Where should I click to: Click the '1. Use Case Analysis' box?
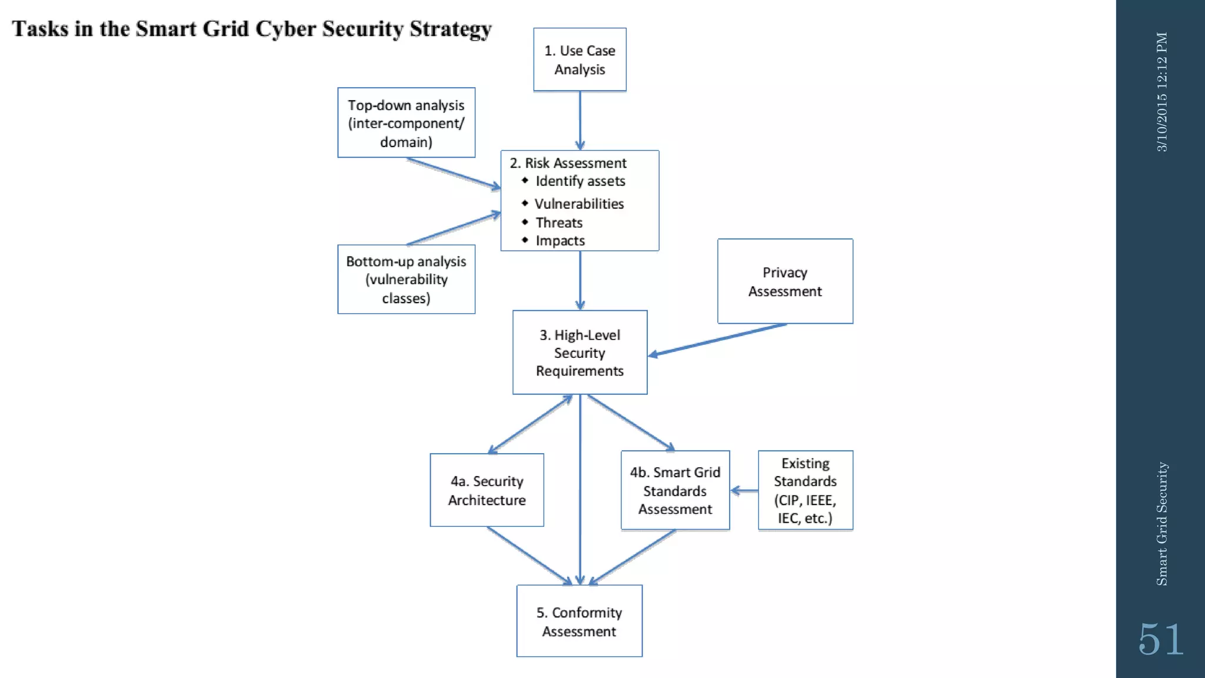[x=580, y=59]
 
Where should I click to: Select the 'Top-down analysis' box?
[x=406, y=122]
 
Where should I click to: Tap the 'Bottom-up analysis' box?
[x=406, y=279]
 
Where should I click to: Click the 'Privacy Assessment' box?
[x=785, y=281]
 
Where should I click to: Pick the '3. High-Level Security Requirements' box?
[x=580, y=353]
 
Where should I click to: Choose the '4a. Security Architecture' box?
[x=487, y=490]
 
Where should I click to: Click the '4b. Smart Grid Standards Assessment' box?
[x=675, y=490]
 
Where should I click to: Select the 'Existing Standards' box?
[x=805, y=490]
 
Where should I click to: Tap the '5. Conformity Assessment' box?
[x=580, y=621]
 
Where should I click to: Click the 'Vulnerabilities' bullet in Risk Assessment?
[x=579, y=204]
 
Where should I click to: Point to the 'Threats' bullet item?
[x=559, y=222]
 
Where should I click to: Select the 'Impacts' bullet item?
[x=560, y=241]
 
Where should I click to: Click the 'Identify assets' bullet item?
[x=580, y=181]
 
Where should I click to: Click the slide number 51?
[x=1160, y=639]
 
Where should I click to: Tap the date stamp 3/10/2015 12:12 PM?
[x=1161, y=92]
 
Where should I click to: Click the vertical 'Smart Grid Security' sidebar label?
[x=1161, y=524]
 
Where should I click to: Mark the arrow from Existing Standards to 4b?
[x=744, y=490]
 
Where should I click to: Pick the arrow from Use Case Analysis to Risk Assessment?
[x=580, y=121]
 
